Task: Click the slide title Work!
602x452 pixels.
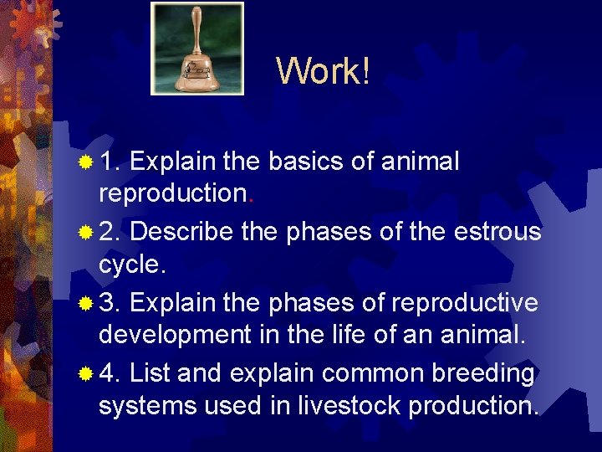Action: click(x=323, y=71)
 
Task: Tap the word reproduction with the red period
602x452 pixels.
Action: click(x=171, y=193)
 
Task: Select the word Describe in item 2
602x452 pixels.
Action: click(x=181, y=231)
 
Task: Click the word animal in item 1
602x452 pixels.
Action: click(x=421, y=161)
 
